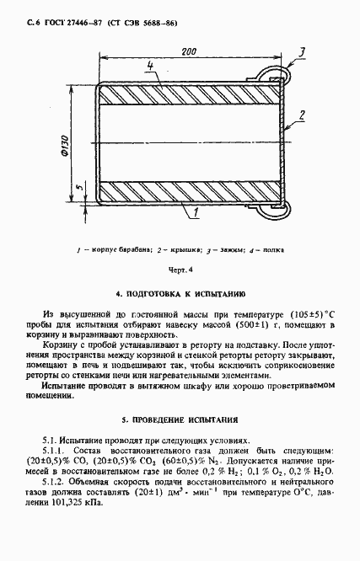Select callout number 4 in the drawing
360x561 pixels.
pyautogui.click(x=149, y=65)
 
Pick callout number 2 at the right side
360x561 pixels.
pyautogui.click(x=299, y=115)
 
